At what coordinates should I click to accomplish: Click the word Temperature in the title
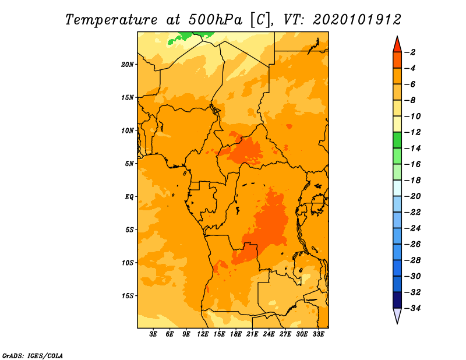(111, 20)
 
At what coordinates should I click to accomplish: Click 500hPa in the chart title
(215, 20)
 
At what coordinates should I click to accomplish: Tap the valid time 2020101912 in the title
(357, 20)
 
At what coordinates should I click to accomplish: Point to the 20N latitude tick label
(128, 65)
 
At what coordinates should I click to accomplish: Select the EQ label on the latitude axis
(129, 197)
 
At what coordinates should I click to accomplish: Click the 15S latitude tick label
(128, 296)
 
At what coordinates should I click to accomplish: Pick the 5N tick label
(129, 164)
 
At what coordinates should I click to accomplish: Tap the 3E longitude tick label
(153, 334)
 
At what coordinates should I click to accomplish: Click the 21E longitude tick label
(252, 334)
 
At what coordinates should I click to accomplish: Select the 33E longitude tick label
(318, 334)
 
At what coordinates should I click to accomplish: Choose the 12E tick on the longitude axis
(202, 334)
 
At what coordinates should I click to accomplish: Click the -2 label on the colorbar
(411, 52)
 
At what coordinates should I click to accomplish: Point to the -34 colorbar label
(412, 308)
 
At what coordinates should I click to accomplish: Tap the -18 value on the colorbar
(412, 180)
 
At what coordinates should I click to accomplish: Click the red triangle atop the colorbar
(397, 45)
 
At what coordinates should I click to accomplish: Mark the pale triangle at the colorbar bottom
(397, 315)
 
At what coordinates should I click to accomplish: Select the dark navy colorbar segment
(397, 300)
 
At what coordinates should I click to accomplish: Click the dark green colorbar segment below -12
(397, 140)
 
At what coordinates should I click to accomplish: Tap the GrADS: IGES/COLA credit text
(33, 356)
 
